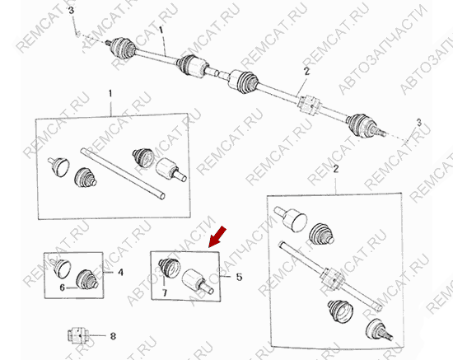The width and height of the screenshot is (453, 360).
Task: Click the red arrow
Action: point(217,237)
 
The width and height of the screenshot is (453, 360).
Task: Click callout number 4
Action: point(120,273)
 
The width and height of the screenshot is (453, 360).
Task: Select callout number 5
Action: point(239,277)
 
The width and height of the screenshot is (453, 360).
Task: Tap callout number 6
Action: point(62,288)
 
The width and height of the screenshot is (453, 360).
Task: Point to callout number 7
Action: point(165,293)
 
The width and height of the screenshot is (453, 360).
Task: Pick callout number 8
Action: point(113,336)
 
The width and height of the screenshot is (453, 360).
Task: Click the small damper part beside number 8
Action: point(77,336)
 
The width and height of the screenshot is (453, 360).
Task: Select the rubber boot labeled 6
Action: point(86,279)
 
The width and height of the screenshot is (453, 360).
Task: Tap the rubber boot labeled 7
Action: point(170,268)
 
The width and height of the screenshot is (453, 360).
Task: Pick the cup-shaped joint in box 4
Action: point(60,267)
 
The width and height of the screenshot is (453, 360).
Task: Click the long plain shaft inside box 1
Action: point(123,174)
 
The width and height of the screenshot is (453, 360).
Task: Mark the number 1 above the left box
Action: point(110,94)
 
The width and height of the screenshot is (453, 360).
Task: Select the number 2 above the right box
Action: point(335,169)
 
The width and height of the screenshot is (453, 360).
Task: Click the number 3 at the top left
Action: point(71,11)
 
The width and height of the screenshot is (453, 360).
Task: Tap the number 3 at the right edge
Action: point(419,123)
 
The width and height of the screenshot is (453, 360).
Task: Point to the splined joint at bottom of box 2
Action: point(379,330)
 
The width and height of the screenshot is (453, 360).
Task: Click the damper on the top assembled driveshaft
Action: point(310,105)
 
